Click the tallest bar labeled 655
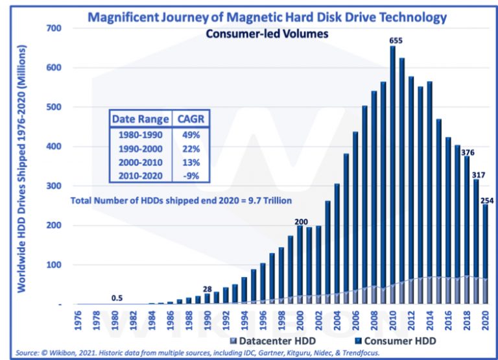coord(392,175)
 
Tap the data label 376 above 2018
coord(467,152)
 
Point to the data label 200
coord(299,221)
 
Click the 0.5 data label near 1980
coord(117,298)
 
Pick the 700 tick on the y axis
coord(54,29)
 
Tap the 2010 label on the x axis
coord(392,321)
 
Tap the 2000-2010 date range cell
coord(141,161)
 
